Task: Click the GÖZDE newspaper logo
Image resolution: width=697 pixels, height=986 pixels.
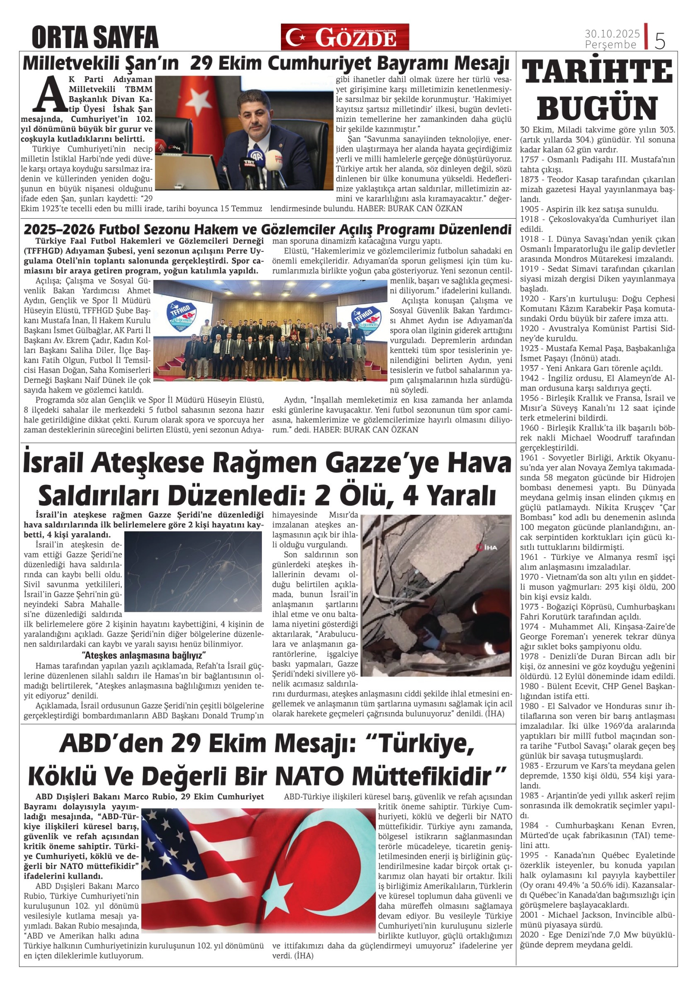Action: tap(345, 37)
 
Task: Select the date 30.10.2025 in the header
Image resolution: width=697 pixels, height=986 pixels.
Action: tap(612, 33)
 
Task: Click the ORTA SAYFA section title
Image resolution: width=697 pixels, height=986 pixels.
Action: tap(95, 37)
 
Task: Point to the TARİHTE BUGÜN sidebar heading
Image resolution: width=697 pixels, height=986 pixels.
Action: tap(598, 90)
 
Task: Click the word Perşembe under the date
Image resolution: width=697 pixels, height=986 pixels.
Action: tap(610, 44)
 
